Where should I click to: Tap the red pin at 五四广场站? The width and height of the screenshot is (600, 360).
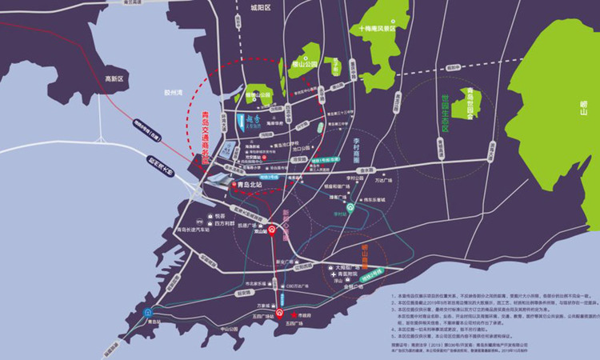280,314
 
